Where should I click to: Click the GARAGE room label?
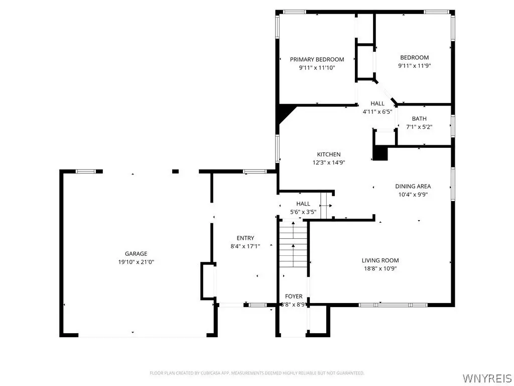[x=136, y=253]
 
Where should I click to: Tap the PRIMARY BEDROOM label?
[x=317, y=59]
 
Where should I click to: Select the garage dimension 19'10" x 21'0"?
[x=136, y=262]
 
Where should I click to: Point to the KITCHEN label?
[x=329, y=154]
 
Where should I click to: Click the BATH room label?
[x=419, y=119]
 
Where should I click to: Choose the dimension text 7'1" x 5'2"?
[x=419, y=127]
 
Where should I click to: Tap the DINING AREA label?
[x=413, y=186]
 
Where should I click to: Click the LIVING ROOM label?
[x=380, y=260]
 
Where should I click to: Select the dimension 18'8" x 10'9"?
[x=380, y=268]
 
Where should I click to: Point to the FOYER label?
[x=294, y=296]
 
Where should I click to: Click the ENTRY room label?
[x=245, y=238]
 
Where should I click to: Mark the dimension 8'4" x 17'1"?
[x=245, y=246]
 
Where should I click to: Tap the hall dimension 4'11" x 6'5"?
[x=377, y=112]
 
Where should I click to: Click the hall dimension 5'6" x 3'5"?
[x=303, y=212]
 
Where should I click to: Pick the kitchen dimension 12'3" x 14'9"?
[x=329, y=162]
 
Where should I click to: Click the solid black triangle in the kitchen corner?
[x=285, y=113]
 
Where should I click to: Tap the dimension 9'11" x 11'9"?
[x=414, y=66]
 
